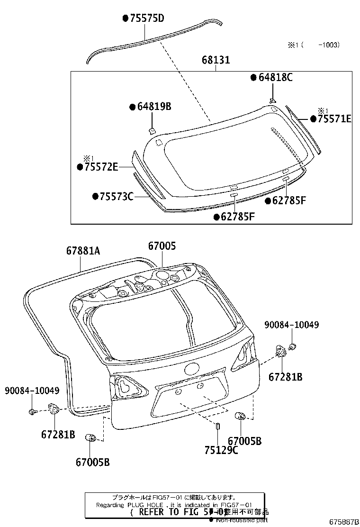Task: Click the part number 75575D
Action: coord(146,18)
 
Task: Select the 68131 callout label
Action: coord(216,60)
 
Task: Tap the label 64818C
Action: coord(275,77)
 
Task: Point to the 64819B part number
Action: coord(153,107)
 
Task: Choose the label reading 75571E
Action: coord(334,119)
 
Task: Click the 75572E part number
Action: coord(100,167)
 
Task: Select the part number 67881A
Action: coord(83,252)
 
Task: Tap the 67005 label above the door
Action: coord(162,246)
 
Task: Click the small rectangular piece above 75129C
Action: coord(217,426)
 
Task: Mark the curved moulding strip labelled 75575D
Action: coord(152,40)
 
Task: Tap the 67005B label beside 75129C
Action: coord(244,441)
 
